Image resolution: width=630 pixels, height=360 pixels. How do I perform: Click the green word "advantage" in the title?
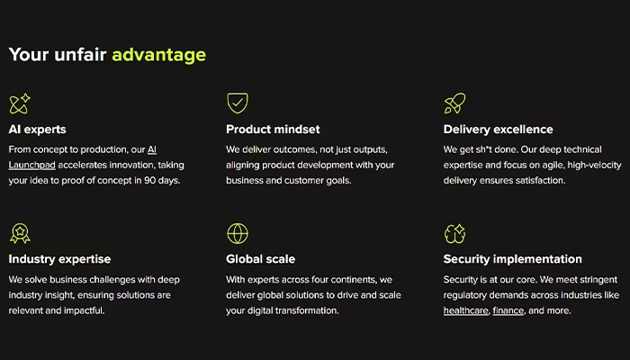(x=158, y=55)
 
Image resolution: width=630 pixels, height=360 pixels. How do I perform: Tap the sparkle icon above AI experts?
(x=20, y=103)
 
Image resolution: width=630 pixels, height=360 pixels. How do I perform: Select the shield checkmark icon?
(x=238, y=103)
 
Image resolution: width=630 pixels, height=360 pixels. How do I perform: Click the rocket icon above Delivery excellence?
(x=454, y=103)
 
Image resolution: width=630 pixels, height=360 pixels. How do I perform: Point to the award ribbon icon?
(x=20, y=233)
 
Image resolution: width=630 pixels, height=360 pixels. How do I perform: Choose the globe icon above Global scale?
(x=238, y=233)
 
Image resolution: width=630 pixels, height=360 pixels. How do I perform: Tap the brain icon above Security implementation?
(x=454, y=233)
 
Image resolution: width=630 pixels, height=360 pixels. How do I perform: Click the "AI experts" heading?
(x=38, y=130)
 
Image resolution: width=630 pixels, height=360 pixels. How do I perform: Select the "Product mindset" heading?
(x=273, y=130)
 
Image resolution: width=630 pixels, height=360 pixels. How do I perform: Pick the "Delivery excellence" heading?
(x=499, y=130)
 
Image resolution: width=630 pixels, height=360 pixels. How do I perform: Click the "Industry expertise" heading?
(x=59, y=259)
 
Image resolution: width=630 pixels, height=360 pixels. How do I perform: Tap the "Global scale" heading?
(x=260, y=259)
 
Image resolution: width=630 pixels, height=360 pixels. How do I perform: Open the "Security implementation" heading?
(x=513, y=259)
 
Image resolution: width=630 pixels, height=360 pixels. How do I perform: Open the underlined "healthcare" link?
(x=465, y=310)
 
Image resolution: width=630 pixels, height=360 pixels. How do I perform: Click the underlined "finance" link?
(x=508, y=310)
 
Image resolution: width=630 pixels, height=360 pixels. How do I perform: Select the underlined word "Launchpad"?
(x=32, y=165)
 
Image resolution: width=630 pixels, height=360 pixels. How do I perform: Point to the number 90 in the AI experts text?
(x=150, y=181)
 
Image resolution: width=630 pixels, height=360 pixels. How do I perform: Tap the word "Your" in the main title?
(x=29, y=55)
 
